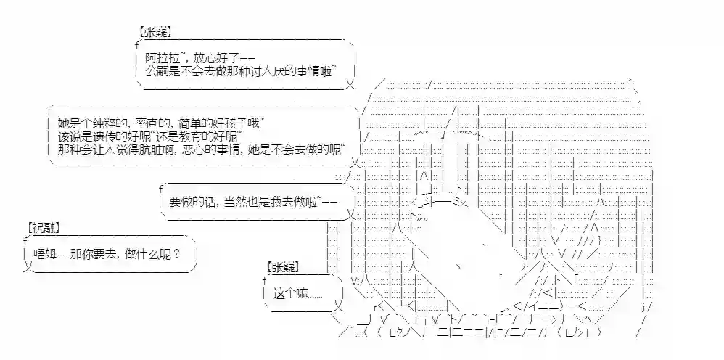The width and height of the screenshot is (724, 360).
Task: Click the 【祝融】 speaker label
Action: (x=44, y=226)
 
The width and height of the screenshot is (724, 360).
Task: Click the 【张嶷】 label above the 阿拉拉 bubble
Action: (x=154, y=33)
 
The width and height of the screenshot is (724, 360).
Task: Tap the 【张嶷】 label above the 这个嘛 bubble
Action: (x=282, y=266)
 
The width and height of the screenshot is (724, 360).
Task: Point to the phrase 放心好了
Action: (x=217, y=58)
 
